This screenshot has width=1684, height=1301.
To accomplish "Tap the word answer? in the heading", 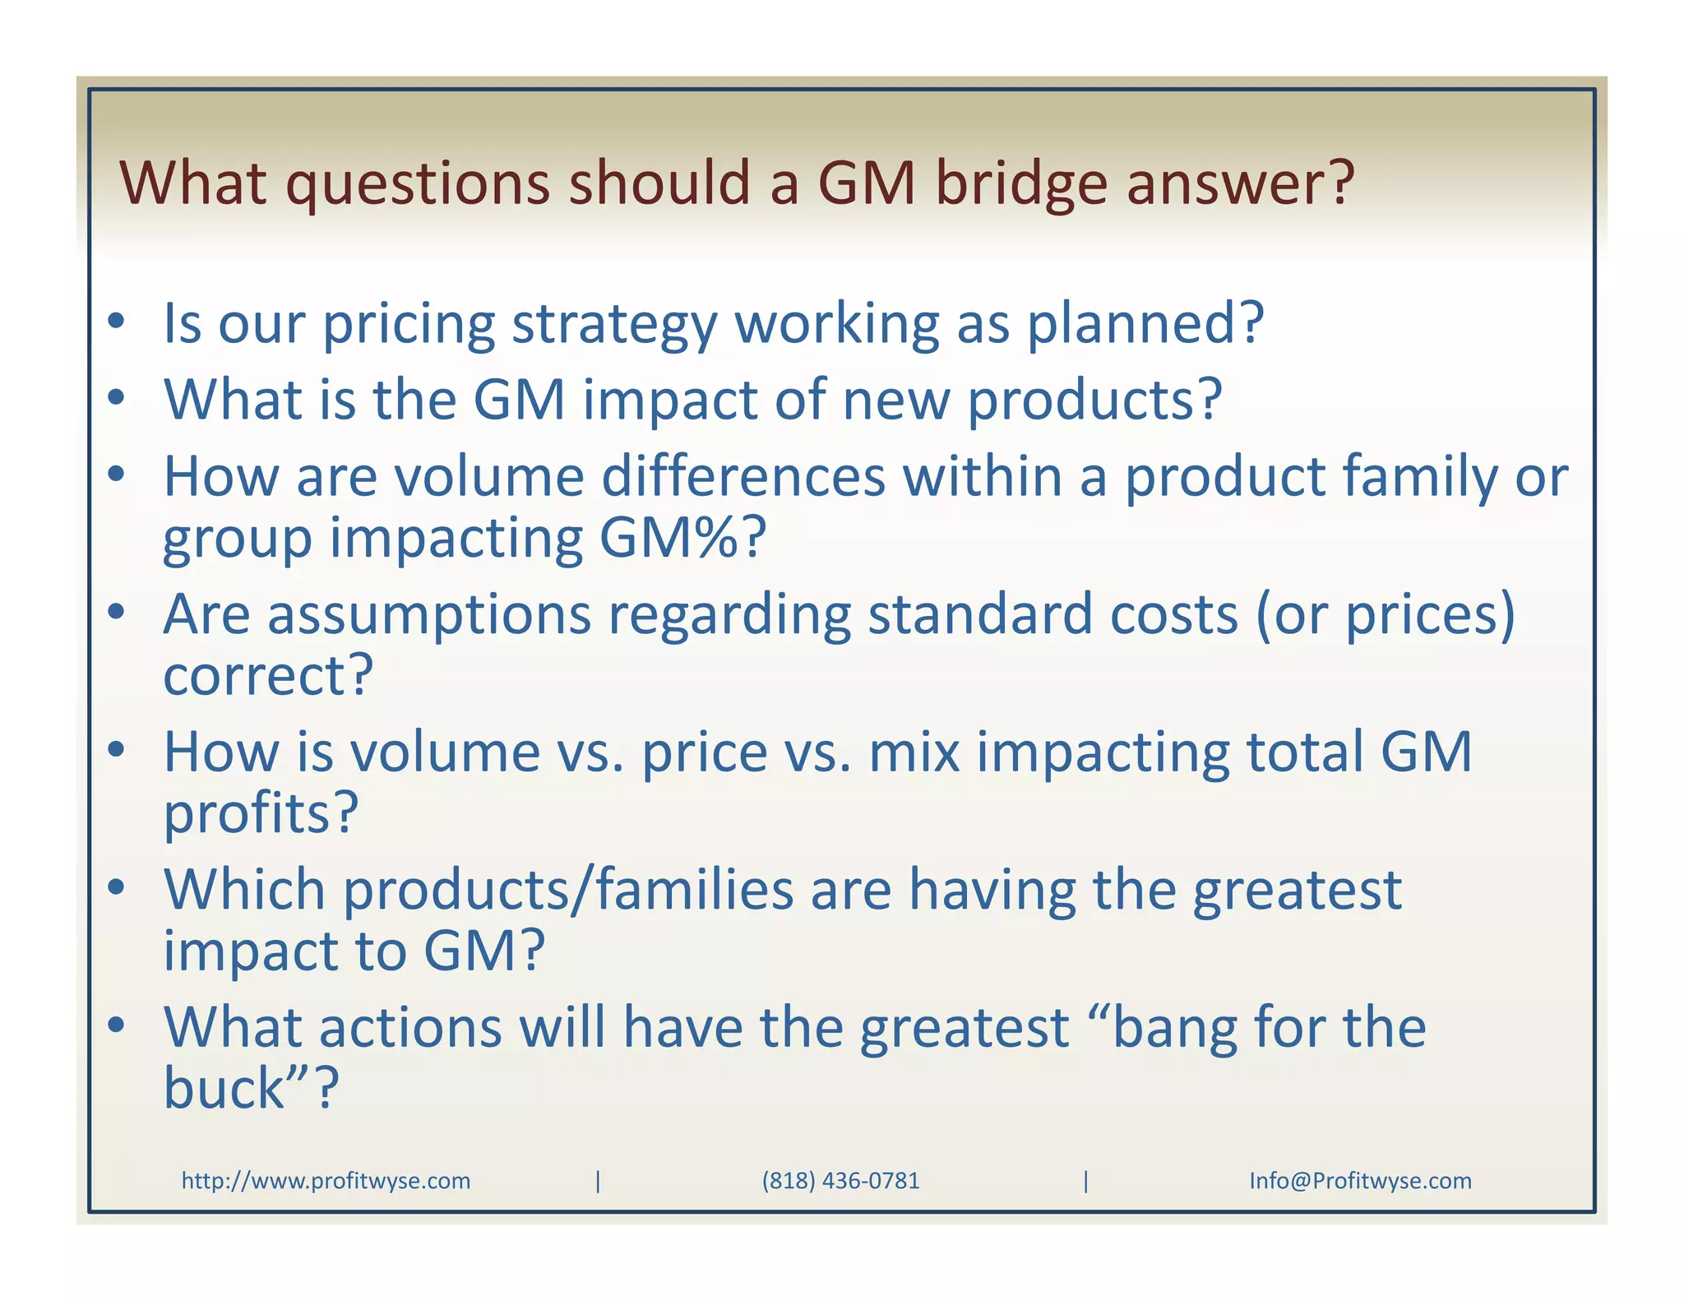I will pos(1239,183).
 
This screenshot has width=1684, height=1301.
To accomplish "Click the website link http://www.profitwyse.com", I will pos(326,1181).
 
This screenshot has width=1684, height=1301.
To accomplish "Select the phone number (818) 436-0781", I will pos(840,1181).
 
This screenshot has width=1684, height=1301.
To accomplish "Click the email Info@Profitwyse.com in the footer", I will pos(1360,1181).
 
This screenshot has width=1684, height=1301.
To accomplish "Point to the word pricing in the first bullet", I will pos(409,324).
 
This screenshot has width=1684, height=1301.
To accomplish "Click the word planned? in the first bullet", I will pos(1145,324).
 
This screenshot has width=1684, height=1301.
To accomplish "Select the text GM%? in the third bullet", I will pos(682,538).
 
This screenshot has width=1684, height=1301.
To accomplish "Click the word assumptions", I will pos(429,615).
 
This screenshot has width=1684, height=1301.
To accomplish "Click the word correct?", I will pos(268,676).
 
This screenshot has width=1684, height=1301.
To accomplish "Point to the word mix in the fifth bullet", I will pos(914,752).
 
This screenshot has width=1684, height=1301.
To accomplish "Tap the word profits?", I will pos(261,814).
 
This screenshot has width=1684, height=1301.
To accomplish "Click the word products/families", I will pos(567,891).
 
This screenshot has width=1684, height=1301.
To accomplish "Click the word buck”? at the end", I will pos(251,1090).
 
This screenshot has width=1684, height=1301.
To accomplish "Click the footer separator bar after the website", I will pos(598,1181).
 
